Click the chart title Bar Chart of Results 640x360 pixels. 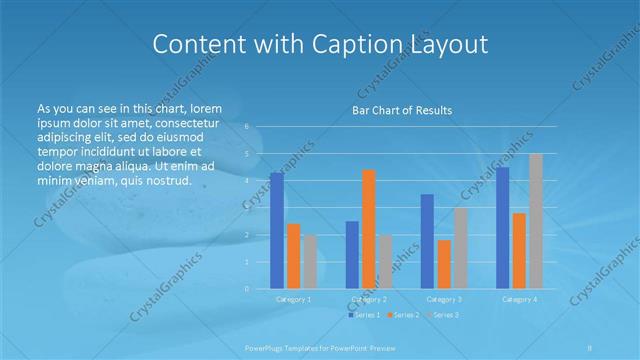click(x=401, y=110)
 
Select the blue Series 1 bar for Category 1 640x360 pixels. click(x=277, y=230)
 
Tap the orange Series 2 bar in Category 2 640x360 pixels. click(x=369, y=229)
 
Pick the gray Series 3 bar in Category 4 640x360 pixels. click(x=535, y=221)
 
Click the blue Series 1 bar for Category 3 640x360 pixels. click(x=427, y=241)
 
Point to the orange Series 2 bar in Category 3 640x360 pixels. click(x=444, y=264)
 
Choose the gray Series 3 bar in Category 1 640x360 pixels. click(x=310, y=261)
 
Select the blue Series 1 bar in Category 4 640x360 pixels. click(x=502, y=227)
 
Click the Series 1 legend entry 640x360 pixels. click(x=365, y=315)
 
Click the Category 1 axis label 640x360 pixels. click(x=294, y=299)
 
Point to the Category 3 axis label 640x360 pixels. click(x=444, y=299)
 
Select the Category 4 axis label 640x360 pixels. click(x=519, y=299)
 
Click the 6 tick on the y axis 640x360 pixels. click(x=248, y=127)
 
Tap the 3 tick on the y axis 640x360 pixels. click(x=248, y=208)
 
